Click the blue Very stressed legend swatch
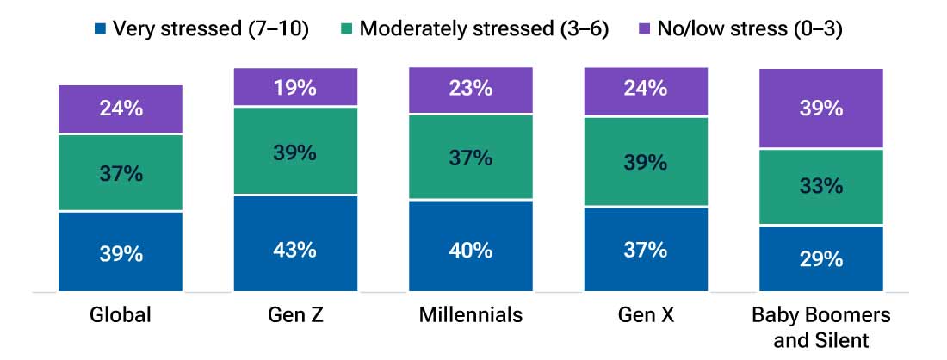[x=102, y=29]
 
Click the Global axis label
[x=121, y=315]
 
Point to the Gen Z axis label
[x=295, y=315]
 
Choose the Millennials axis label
[x=471, y=315]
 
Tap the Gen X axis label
[x=646, y=315]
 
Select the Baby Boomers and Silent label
[x=820, y=327]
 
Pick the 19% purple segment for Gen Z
[x=295, y=88]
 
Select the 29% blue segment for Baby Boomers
[x=820, y=258]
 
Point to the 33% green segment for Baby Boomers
[x=820, y=187]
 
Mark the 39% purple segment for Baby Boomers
[x=820, y=109]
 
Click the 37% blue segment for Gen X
[x=646, y=249]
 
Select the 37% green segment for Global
[x=121, y=172]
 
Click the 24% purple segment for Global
[x=121, y=109]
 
